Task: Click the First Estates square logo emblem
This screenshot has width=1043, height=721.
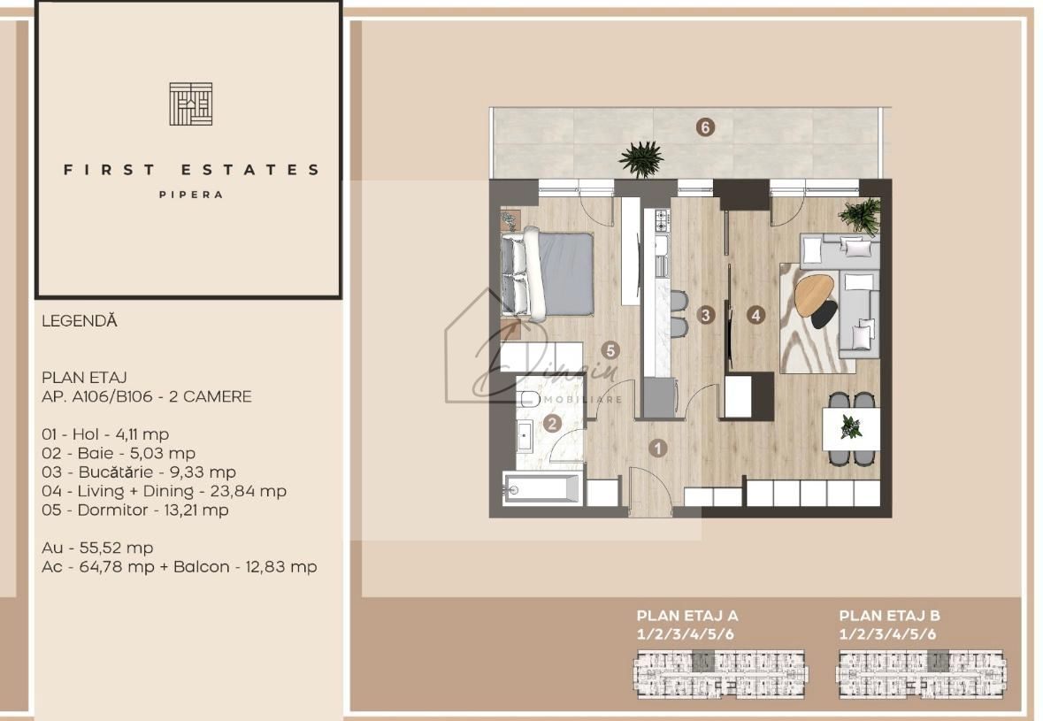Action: (x=191, y=104)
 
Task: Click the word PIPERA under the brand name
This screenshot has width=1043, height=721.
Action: (x=191, y=195)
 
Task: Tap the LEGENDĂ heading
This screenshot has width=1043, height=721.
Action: (x=80, y=322)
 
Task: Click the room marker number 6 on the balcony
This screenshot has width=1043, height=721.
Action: (x=705, y=127)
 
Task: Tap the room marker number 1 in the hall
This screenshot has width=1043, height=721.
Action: (x=658, y=448)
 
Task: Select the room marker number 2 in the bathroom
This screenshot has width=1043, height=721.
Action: (x=553, y=424)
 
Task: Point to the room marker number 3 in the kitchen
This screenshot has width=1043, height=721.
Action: (x=705, y=314)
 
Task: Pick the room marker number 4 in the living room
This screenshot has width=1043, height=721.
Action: (x=755, y=314)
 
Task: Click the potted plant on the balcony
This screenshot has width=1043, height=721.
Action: (x=641, y=159)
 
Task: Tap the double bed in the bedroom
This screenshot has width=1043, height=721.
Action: (x=548, y=273)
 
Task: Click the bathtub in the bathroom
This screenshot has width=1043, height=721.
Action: (x=542, y=488)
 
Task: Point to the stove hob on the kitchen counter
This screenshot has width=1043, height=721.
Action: (x=659, y=219)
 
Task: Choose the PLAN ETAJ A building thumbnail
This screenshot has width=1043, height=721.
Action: (x=721, y=672)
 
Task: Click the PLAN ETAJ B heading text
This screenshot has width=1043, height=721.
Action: (x=889, y=616)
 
